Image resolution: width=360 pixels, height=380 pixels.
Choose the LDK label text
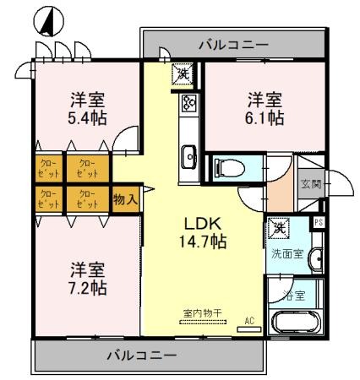(203, 224)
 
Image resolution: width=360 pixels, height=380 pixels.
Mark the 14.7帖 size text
(203, 242)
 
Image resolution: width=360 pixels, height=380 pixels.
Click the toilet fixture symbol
(228, 166)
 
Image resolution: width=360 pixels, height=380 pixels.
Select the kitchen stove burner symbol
(188, 105)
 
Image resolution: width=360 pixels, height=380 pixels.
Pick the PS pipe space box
(319, 222)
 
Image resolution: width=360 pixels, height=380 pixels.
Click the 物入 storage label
(125, 198)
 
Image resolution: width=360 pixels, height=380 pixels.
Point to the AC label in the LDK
(250, 320)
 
